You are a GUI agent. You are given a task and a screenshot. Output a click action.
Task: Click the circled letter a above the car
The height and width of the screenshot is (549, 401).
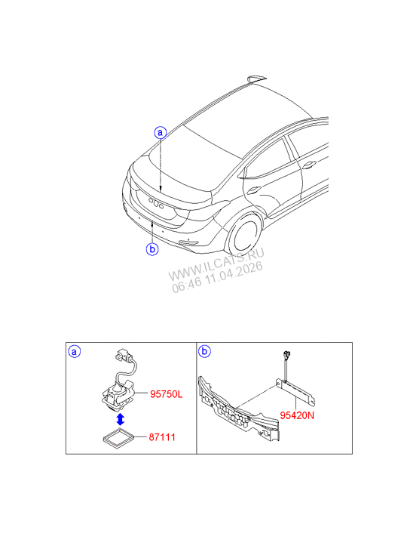(160, 133)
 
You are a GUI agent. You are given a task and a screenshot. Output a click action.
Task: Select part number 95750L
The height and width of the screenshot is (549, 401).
(167, 393)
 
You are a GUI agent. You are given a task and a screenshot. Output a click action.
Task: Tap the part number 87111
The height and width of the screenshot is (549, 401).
(163, 436)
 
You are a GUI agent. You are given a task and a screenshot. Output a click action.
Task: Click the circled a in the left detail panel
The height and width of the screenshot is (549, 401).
(75, 352)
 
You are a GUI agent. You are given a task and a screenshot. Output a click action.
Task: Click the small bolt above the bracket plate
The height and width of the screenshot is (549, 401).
(286, 355)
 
